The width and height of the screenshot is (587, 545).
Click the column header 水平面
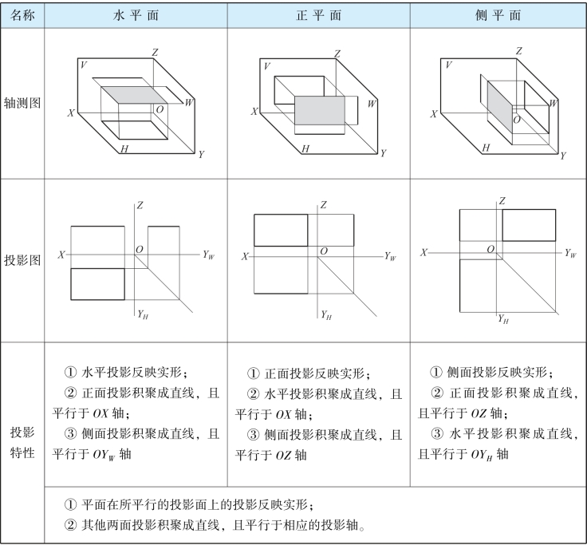point(136,16)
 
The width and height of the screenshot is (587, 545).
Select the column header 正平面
point(319,16)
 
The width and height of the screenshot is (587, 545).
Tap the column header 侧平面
point(498,16)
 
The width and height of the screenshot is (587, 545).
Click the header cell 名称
point(22,16)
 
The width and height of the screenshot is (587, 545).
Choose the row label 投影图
point(22,261)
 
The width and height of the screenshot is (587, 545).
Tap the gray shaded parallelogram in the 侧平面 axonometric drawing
point(498,103)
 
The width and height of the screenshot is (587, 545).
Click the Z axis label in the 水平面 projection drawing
point(140,206)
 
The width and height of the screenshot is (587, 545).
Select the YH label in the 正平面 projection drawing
point(326,314)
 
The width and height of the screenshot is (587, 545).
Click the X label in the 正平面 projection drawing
point(245,256)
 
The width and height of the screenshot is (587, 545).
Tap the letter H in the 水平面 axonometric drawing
point(124,149)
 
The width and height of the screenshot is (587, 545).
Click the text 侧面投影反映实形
point(498,371)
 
